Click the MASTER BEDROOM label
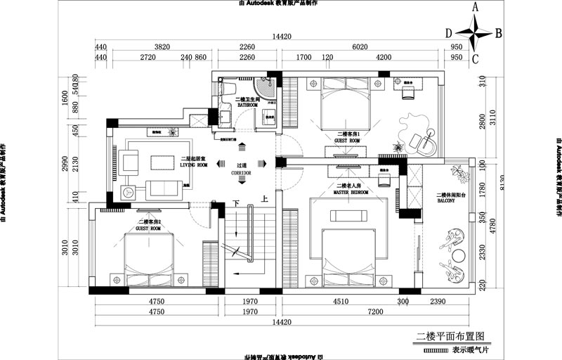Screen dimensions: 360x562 (350, 191)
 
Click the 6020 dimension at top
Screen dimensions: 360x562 (360, 46)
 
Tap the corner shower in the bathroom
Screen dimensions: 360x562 (268, 89)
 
